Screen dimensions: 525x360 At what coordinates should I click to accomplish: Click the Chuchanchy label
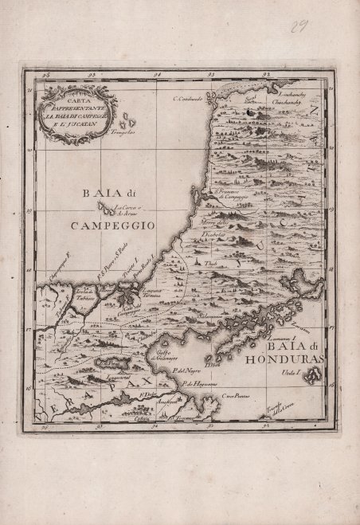(x=286, y=103)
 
